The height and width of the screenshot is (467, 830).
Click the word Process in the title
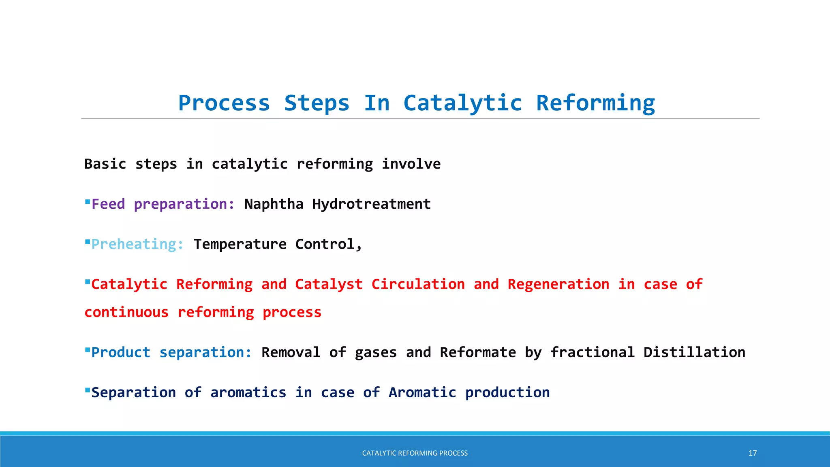pos(224,103)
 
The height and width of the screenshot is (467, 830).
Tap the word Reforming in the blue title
pos(595,103)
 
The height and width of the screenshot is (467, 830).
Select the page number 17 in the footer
pos(753,453)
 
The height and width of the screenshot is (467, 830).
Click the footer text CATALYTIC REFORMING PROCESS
pos(415,453)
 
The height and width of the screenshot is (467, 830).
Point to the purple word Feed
pos(108,204)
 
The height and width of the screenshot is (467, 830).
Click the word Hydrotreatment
pos(371,204)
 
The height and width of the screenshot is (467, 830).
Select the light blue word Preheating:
pos(137,244)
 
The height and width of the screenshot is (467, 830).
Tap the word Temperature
pos(240,244)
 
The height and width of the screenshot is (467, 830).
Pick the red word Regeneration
pos(558,284)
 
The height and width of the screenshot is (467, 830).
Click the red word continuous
pos(126,312)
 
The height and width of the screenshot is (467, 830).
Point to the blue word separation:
pos(205,352)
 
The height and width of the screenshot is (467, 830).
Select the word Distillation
pos(694,352)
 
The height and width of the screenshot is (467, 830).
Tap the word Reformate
pos(478,352)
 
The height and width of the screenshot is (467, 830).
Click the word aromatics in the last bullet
pos(248,392)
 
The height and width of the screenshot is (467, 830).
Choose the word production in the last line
pos(507,392)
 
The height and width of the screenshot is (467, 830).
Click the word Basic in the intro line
pos(105,164)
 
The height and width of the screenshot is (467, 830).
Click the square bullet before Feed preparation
pos(87,201)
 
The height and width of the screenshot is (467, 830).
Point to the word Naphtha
pos(274,204)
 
